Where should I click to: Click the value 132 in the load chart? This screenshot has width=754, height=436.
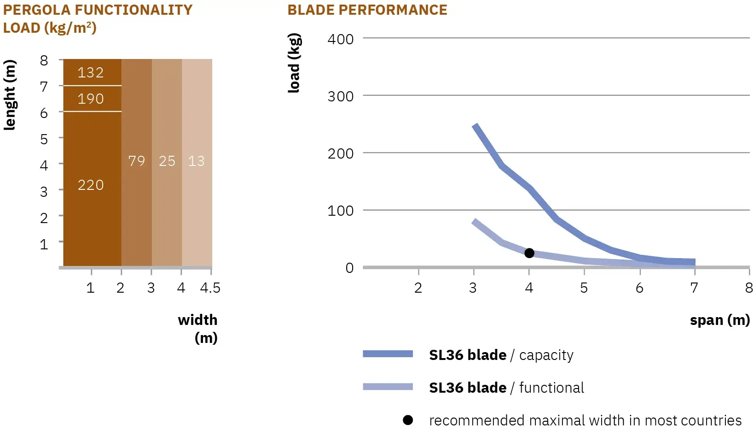(x=91, y=72)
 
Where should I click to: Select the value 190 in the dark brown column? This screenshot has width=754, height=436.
(x=91, y=99)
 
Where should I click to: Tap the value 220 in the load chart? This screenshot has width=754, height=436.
(x=91, y=185)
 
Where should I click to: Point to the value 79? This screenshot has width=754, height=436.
(x=137, y=161)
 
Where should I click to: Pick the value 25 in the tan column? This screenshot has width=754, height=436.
(x=167, y=161)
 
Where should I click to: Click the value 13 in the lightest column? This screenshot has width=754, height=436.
(x=196, y=161)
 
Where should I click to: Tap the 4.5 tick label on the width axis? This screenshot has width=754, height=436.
(x=210, y=288)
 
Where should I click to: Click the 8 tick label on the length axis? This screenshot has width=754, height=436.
(x=44, y=61)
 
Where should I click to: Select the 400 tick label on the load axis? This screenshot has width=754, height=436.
(x=341, y=39)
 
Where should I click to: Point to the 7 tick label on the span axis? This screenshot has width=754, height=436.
(x=694, y=288)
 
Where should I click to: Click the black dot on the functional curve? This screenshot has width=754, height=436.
(x=529, y=253)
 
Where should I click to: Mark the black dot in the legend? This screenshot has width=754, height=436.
(x=408, y=420)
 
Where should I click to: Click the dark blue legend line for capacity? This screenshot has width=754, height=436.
(x=388, y=354)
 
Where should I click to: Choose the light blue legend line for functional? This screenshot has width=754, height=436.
(x=388, y=387)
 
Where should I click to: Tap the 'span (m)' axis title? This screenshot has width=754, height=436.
(x=719, y=320)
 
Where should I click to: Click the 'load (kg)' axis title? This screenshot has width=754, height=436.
(x=294, y=63)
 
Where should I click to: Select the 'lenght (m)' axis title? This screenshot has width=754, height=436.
(x=10, y=94)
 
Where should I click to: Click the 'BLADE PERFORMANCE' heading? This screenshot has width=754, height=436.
(x=367, y=10)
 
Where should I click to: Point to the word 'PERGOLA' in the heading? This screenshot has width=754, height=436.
(x=37, y=10)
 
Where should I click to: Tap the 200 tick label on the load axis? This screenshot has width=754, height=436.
(x=341, y=153)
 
